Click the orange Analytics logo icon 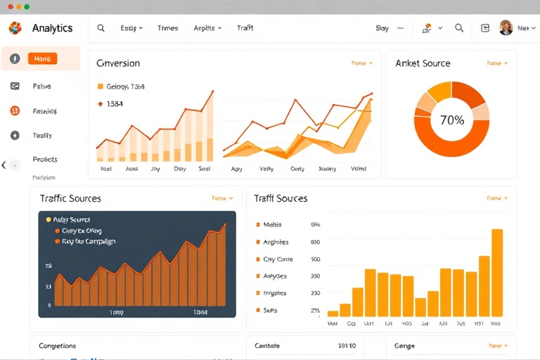point(15,28)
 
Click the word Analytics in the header point(52,28)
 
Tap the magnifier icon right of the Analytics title point(101,28)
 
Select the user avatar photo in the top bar point(506,28)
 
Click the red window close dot point(11,6)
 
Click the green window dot point(27,6)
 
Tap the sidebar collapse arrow point(4,165)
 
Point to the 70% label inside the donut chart point(451,120)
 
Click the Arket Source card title point(423,63)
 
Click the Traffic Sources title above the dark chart point(70,198)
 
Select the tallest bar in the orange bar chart point(497,272)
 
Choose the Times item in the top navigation point(167,28)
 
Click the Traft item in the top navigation point(245,28)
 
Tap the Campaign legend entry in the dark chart point(89,241)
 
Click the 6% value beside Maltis point(315,225)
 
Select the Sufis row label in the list point(271,310)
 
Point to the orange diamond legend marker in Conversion point(100,103)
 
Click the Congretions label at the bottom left point(58,346)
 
